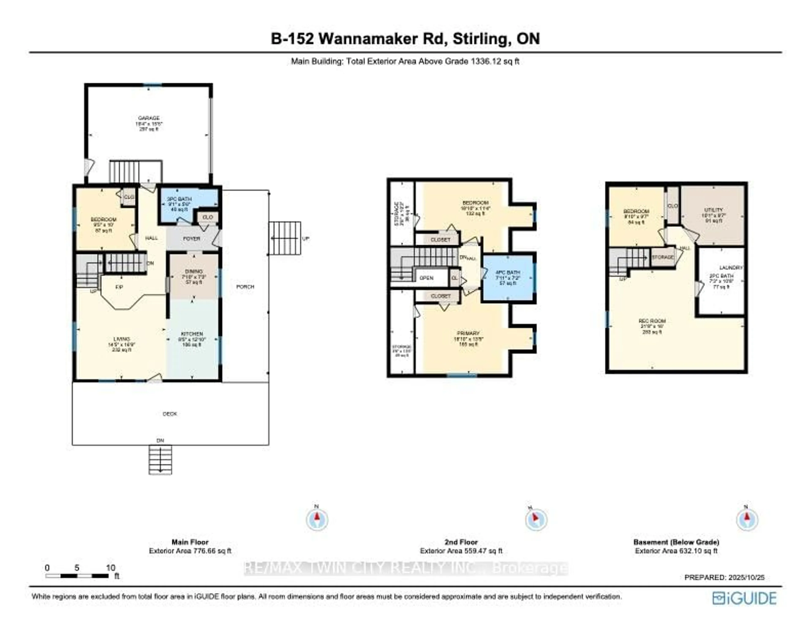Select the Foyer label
pos(192,239)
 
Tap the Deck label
pos(170,414)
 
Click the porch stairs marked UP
pos(285,238)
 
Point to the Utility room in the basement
pos(713,215)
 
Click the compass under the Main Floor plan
pos(317,519)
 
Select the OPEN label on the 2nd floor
pos(426,278)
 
